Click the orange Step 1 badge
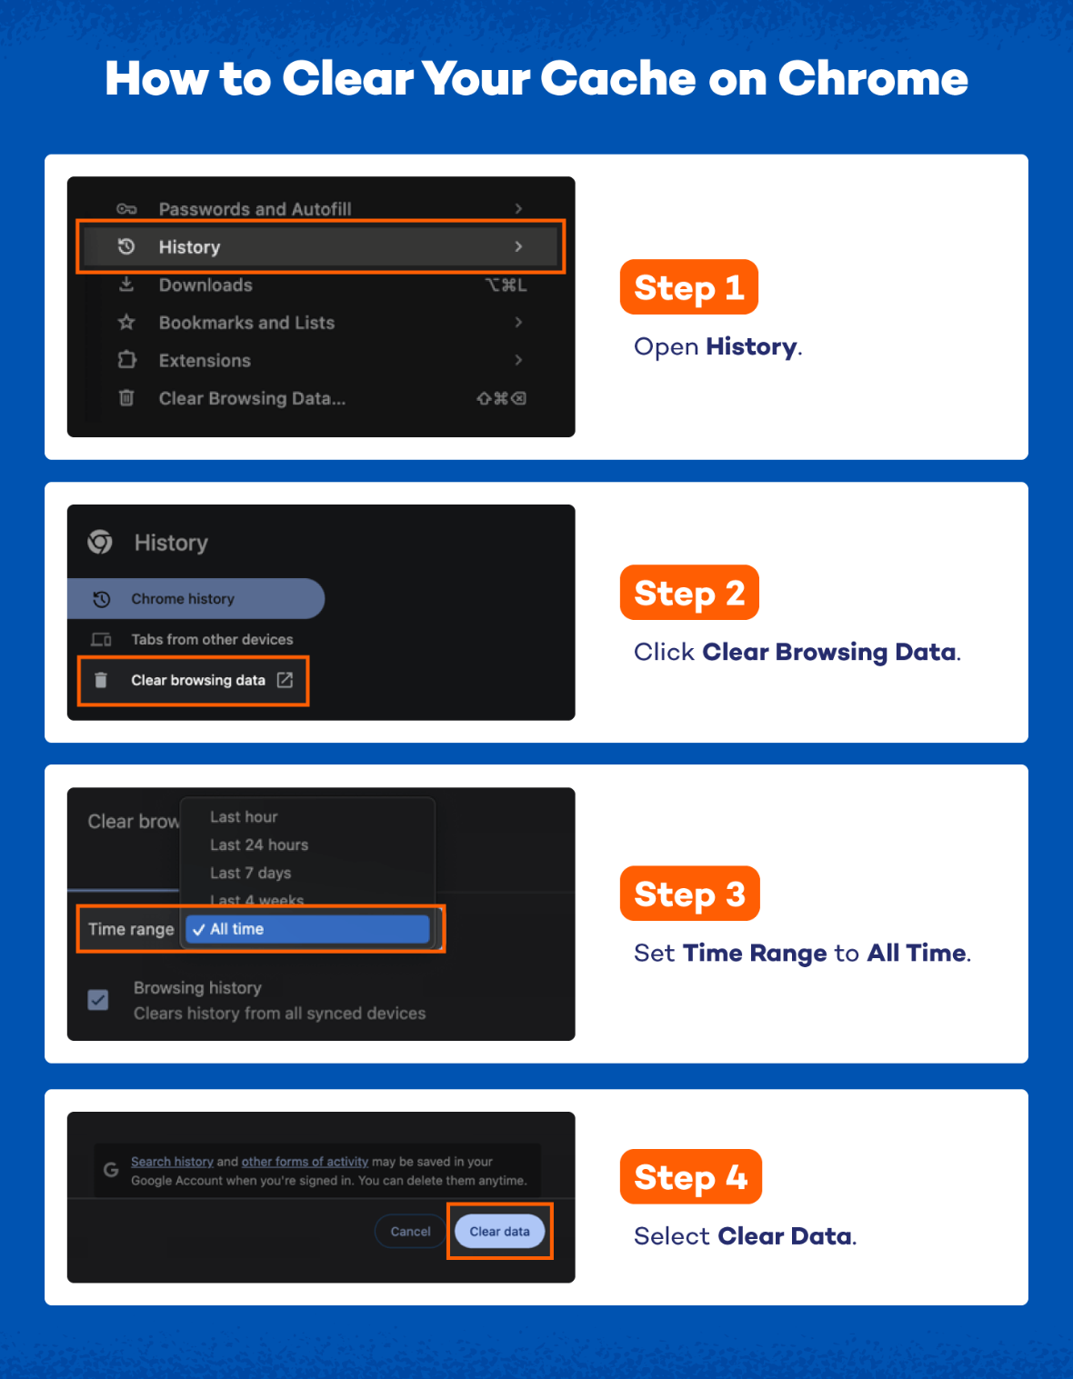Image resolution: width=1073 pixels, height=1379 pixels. tap(688, 287)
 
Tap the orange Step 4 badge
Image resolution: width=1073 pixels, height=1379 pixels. tap(690, 1176)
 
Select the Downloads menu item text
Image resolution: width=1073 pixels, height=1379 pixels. tap(206, 285)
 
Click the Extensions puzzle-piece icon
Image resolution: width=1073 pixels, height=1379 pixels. tap(127, 360)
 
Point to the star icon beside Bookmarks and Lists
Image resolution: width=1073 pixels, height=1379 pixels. tap(127, 323)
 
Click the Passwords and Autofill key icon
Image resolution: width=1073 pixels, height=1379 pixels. tap(126, 209)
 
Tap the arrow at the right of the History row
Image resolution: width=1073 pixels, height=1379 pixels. tap(518, 246)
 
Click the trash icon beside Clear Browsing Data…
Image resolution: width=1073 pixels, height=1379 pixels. tap(126, 398)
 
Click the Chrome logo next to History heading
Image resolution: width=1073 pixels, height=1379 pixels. tap(100, 542)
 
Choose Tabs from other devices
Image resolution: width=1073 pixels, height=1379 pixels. tap(212, 639)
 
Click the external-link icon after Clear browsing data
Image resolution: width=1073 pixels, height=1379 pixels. tap(285, 680)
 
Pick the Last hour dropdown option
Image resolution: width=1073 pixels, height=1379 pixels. tap(244, 816)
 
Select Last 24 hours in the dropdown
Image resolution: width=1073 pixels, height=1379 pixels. tap(259, 844)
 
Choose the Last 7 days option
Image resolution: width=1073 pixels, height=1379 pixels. tap(251, 873)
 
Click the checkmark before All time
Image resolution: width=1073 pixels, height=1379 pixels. tap(198, 930)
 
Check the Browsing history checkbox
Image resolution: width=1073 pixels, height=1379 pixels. tap(97, 1000)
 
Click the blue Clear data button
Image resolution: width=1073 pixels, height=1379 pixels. tap(499, 1231)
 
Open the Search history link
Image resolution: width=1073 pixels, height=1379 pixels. tap(172, 1162)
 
